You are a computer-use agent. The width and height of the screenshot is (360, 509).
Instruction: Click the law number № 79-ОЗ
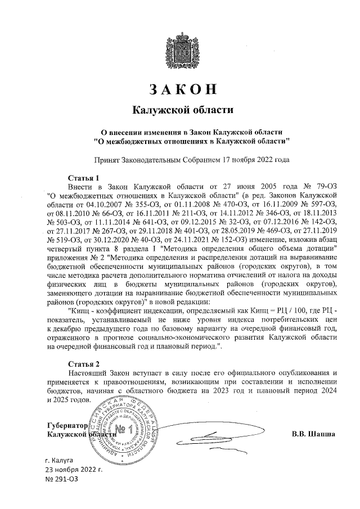coord(318,186)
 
